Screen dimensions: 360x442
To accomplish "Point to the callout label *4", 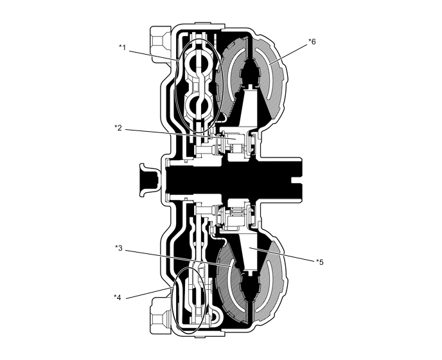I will click(x=118, y=296).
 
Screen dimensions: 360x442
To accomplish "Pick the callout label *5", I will click(x=319, y=262).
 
